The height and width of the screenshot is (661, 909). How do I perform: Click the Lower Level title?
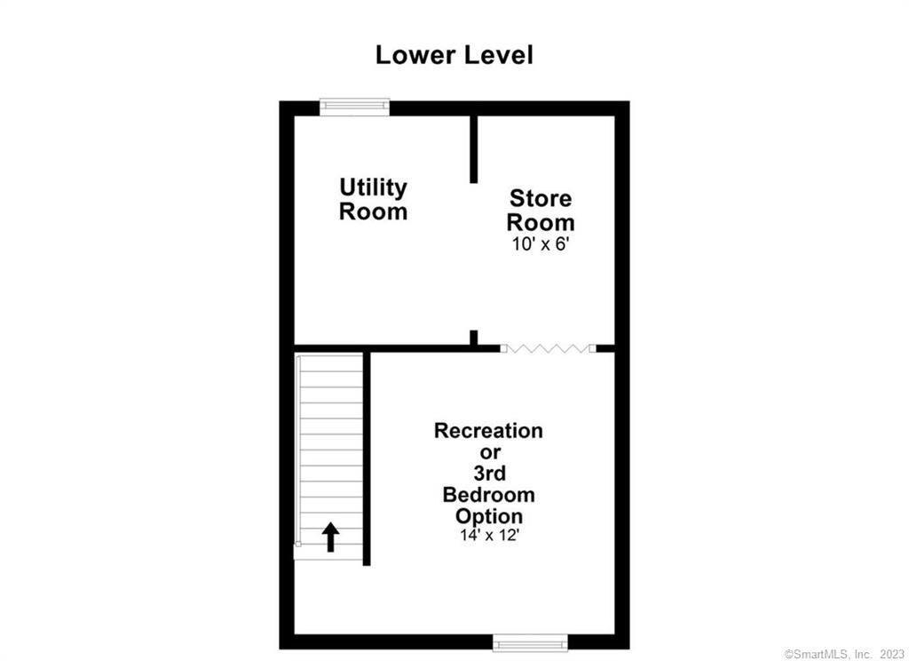point(454,55)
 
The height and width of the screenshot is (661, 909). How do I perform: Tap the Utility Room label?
point(374,199)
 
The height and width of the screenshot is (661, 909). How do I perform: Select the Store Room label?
point(541,210)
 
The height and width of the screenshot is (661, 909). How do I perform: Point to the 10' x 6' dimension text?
point(538,244)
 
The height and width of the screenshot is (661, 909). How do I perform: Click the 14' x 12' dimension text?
point(489,535)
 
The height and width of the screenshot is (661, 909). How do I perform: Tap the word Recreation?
point(489,431)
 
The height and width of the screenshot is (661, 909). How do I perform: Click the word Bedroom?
point(489,495)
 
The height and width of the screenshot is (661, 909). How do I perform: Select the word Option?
point(489,516)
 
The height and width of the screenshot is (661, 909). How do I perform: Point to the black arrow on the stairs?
point(330,537)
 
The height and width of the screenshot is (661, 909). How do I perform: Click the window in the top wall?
point(354,107)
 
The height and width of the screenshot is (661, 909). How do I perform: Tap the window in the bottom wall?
point(530,642)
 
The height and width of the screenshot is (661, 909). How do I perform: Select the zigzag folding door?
point(548,348)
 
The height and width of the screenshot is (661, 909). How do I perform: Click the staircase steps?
point(329,456)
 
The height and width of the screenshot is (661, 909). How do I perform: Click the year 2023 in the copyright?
point(892,654)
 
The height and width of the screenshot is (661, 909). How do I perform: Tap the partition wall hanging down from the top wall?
point(474,149)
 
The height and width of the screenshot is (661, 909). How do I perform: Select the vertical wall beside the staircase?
point(367,458)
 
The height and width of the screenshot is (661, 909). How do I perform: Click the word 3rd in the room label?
point(489,473)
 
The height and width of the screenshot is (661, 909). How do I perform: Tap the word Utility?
point(374,188)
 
